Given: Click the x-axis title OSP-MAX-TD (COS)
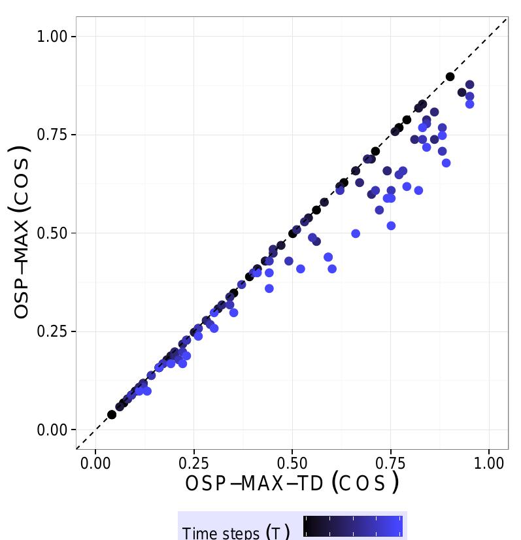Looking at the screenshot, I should point(292,484).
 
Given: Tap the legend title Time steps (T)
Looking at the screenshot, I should point(236,532).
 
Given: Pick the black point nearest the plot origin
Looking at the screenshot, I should point(112,414).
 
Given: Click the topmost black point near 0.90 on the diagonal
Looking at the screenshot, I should point(450,76).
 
